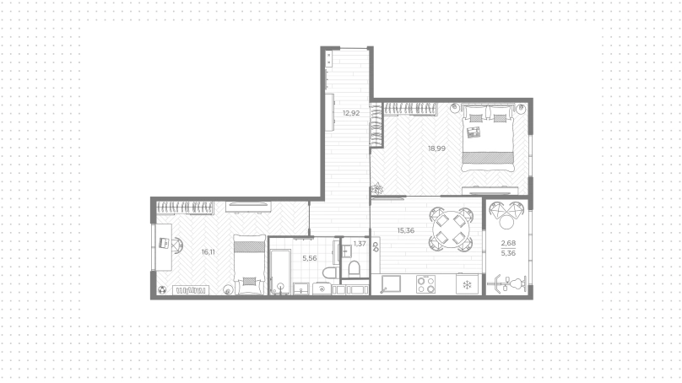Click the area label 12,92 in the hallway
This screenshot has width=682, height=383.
(351, 113)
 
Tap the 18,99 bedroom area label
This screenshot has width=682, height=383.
(436, 148)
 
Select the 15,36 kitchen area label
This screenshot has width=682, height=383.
(406, 230)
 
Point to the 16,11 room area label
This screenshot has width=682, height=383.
(208, 251)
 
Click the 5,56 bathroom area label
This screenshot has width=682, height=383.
(310, 258)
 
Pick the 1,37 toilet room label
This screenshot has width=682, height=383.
(360, 244)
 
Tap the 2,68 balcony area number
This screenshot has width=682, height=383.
(508, 243)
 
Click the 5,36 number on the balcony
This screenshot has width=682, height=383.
(508, 253)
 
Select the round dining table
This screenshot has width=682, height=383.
(451, 229)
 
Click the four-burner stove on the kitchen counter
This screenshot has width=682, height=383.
(425, 284)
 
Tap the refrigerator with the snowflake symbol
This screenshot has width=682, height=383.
(467, 284)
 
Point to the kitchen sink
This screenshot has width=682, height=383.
(391, 285)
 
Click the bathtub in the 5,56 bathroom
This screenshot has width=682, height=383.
(280, 272)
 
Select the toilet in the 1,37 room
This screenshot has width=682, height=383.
(354, 268)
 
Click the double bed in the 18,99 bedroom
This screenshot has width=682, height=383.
(488, 138)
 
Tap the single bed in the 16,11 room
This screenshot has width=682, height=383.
(249, 264)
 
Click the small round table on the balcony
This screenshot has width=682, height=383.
(507, 222)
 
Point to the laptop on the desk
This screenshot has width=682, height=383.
(164, 243)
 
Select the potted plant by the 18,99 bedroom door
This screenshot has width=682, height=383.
(377, 189)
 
